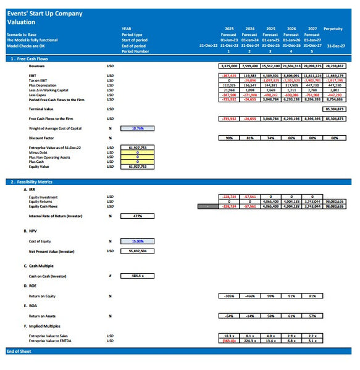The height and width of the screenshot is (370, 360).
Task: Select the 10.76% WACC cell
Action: tap(138, 129)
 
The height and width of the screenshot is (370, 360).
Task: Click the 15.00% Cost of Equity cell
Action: tap(138, 241)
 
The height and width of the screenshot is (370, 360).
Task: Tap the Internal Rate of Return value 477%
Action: tap(138, 216)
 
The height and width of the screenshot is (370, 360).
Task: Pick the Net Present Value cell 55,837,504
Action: tap(138, 251)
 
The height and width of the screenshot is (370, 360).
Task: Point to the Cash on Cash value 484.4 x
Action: tap(138, 275)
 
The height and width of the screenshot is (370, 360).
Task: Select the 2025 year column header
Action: tap(270, 28)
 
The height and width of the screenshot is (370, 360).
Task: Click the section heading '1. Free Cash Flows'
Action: tap(30, 58)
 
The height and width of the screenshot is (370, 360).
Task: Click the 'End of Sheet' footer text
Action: tap(19, 351)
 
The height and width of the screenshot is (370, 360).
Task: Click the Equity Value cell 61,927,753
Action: tap(138, 166)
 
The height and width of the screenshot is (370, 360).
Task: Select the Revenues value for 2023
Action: tap(229, 65)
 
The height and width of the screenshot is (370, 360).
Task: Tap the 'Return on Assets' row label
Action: tap(43, 316)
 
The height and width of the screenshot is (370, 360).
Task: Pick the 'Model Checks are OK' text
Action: tap(27, 46)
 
